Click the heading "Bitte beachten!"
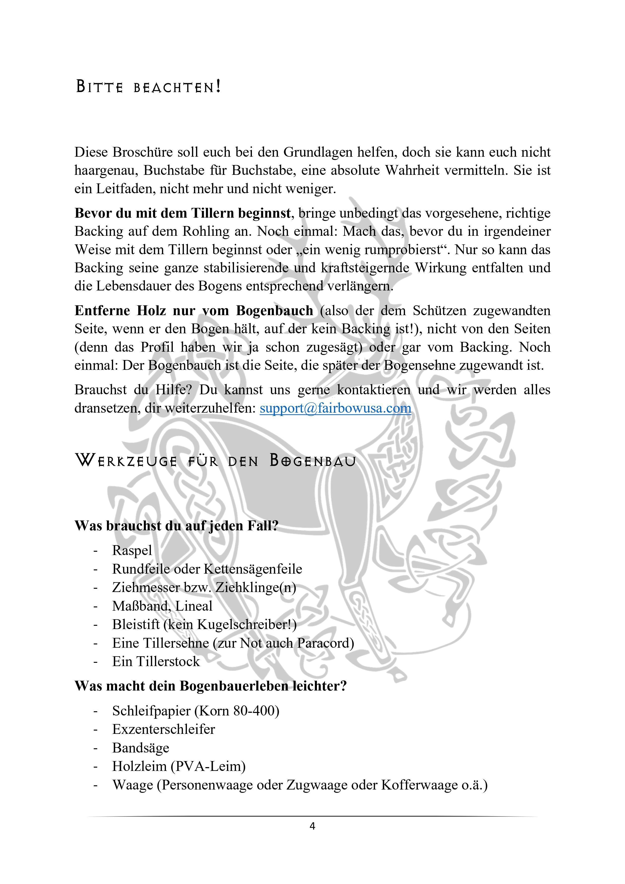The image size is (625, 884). (148, 87)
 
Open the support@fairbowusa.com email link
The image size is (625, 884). (335, 408)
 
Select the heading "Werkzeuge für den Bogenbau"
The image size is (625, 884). (215, 461)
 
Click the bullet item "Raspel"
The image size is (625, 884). (132, 550)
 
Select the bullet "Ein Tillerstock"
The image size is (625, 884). (156, 662)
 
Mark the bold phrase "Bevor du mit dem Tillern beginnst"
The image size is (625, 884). (183, 213)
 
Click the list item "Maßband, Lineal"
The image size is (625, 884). (162, 606)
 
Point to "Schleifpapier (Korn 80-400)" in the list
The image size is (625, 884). (196, 711)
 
